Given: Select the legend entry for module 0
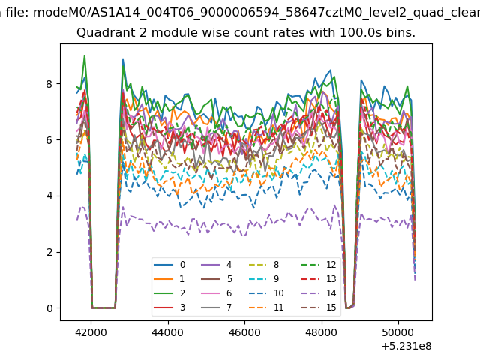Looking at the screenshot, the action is [169, 265].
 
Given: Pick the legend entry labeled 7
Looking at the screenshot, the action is [217, 307].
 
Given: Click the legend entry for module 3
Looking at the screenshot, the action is [169, 307].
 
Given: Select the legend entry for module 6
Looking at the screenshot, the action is [217, 293].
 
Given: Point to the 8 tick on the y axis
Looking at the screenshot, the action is [49, 84].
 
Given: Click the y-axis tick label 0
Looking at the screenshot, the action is [49, 308].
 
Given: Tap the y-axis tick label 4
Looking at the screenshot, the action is [49, 196].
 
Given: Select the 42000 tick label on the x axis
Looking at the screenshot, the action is [91, 332].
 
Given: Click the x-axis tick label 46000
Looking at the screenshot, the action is [244, 332].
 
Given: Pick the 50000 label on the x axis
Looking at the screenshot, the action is [398, 332].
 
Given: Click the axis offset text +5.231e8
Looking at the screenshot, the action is [406, 346].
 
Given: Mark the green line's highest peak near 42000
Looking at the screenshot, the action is [85, 55].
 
